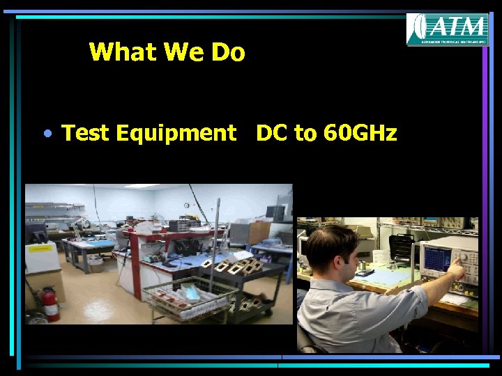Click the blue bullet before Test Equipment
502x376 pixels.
pyautogui.click(x=45, y=132)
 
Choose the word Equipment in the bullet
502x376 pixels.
pyautogui.click(x=177, y=133)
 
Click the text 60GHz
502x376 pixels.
pyautogui.click(x=360, y=132)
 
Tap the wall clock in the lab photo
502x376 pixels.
pyautogui.click(x=187, y=205)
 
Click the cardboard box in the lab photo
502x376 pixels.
pyautogui.click(x=259, y=231)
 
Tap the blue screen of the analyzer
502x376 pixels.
pyautogui.click(x=441, y=260)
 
